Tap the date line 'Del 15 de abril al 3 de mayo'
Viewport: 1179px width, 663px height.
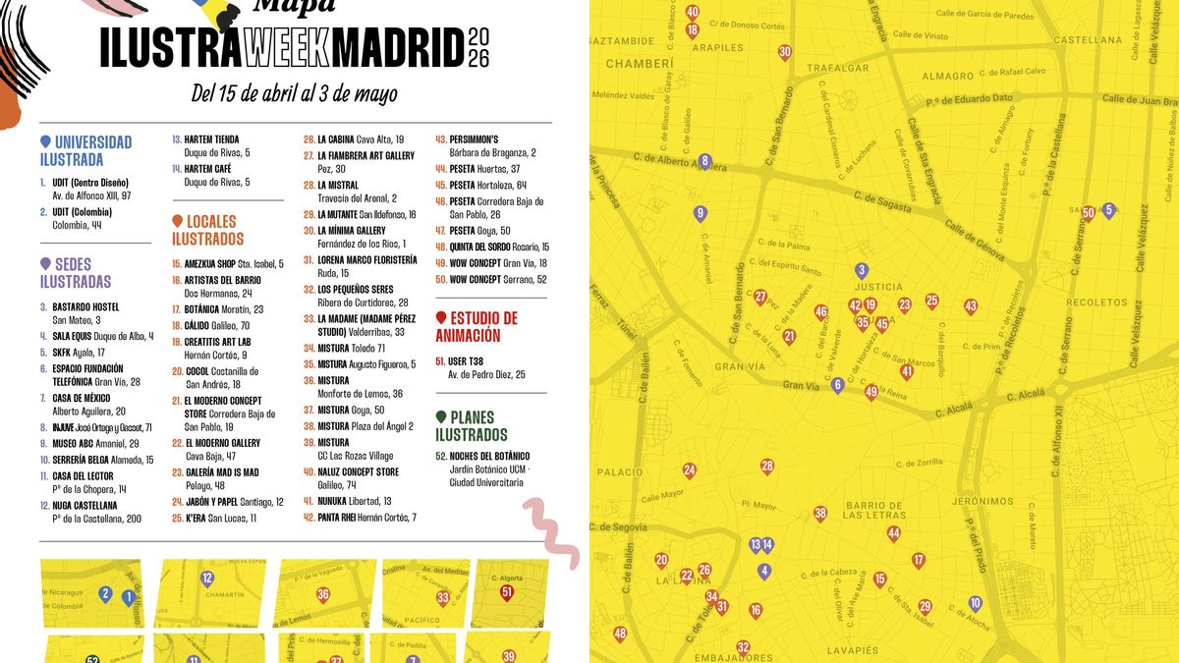point(295,94)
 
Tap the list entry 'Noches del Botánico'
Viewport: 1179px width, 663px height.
point(488,456)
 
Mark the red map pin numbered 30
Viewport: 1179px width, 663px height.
point(784,52)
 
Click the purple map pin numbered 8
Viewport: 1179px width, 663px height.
point(704,161)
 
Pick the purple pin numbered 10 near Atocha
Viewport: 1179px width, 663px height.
point(975,603)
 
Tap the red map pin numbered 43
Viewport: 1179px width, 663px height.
point(971,306)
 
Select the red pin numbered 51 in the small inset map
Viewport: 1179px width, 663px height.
point(507,592)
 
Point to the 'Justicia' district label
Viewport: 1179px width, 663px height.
point(880,288)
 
